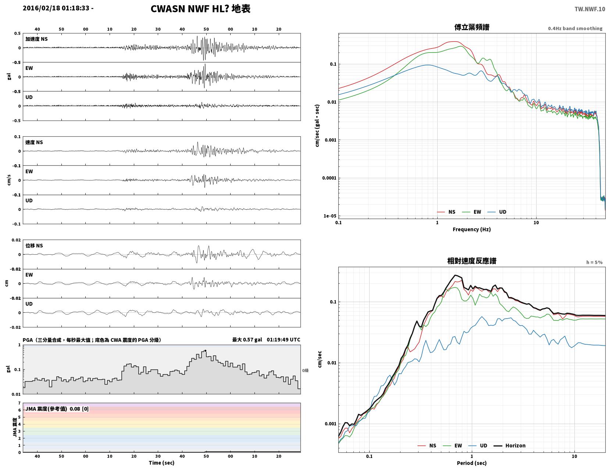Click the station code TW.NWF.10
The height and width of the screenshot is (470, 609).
590,9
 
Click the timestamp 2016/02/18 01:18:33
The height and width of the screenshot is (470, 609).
56,8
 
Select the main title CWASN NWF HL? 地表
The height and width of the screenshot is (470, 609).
200,9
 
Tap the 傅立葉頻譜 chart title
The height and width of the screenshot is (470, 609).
472,27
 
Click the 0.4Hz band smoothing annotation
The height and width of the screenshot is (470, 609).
575,28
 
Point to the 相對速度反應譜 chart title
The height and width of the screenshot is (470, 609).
472,261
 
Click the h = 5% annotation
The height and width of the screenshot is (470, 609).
594,262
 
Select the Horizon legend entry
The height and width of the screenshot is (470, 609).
509,445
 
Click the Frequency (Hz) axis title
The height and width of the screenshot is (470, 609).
472,229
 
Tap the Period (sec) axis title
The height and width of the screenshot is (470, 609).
472,463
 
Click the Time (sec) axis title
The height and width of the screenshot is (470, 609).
161,463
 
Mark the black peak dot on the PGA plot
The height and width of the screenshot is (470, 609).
205,351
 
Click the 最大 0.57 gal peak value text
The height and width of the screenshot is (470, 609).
247,340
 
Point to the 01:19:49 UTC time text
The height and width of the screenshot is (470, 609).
283,340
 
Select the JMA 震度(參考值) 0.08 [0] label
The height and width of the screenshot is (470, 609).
57,409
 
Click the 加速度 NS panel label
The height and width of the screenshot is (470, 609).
36,39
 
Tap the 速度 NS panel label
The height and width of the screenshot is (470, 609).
34,142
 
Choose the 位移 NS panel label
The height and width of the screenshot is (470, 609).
34,245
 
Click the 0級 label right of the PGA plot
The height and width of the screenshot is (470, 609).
305,370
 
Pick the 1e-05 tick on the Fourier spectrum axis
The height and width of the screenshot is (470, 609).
330,216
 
